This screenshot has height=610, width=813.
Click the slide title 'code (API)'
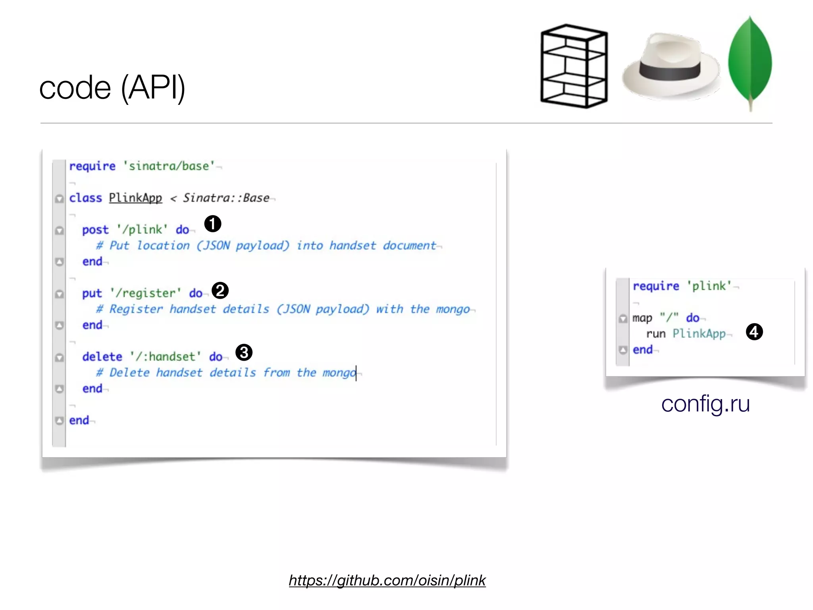[112, 88]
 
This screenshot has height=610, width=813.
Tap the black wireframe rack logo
[574, 66]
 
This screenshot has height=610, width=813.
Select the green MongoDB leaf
[750, 62]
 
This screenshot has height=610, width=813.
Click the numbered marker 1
[213, 224]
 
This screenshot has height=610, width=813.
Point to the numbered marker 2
[220, 290]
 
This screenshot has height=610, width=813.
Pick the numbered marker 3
[244, 352]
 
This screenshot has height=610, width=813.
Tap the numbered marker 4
[754, 332]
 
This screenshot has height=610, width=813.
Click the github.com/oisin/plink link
[387, 581]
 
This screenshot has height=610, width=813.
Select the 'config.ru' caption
[705, 404]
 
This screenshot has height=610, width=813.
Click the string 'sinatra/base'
[169, 166]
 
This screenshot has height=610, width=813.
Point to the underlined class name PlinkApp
[135, 198]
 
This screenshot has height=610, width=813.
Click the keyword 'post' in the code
[95, 230]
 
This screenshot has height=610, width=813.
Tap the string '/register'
[146, 293]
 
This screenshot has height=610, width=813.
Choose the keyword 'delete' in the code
[102, 357]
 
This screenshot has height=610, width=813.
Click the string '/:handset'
[166, 357]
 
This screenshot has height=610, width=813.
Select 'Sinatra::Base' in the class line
[226, 198]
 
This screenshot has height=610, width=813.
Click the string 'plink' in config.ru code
[709, 286]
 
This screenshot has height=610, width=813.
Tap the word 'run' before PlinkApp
[655, 334]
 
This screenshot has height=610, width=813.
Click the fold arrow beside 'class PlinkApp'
[60, 199]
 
